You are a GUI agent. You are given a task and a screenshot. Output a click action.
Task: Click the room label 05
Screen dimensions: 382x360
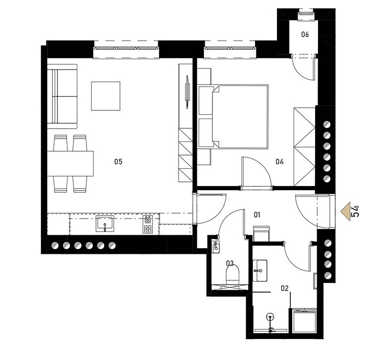pos(118,162)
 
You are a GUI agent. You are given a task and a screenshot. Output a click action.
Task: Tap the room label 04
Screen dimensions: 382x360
pos(279,162)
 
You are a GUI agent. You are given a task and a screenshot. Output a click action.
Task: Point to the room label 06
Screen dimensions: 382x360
pos(305,34)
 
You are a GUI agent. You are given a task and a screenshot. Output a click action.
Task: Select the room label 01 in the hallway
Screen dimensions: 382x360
pos(257,215)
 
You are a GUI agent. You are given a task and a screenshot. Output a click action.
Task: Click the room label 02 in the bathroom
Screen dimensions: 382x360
pos(285,288)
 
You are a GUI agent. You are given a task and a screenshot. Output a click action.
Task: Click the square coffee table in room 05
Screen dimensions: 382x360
pos(106,96)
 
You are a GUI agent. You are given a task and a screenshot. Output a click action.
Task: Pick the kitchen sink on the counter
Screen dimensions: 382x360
pos(105,223)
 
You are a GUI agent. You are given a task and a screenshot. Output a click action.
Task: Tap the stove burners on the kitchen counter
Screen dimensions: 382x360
pos(148,224)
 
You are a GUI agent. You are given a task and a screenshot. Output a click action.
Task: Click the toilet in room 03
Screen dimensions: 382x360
pos(233,274)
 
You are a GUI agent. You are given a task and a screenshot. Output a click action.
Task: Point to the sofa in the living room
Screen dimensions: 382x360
pos(62,97)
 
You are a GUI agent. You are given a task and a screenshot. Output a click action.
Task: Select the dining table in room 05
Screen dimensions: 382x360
pos(70,164)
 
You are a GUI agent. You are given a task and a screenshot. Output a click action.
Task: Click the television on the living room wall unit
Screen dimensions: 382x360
pos(187,91)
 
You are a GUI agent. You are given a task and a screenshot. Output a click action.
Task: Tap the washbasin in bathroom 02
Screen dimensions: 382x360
pos(260,271)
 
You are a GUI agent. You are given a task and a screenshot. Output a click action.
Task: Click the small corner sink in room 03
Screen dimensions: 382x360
pos(215,247)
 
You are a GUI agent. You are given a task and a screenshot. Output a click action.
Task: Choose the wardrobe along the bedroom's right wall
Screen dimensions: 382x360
pos(305,147)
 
